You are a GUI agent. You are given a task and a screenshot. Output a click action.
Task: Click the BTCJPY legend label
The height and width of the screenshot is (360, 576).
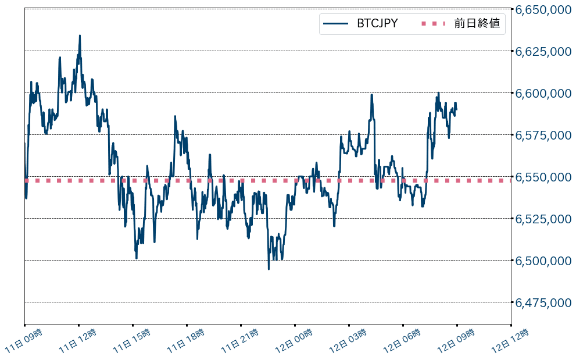tap(377, 24)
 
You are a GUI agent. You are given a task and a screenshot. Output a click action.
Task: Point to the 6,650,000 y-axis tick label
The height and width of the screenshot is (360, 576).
tap(543, 9)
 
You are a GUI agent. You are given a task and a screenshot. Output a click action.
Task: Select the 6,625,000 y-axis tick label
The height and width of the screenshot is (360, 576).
tap(543, 51)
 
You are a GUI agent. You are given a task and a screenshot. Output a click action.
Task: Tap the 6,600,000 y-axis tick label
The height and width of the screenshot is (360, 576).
tap(543, 93)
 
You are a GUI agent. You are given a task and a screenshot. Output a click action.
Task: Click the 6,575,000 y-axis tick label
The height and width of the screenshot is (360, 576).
tap(543, 135)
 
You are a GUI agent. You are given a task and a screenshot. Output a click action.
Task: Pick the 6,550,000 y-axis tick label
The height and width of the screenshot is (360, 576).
tap(543, 177)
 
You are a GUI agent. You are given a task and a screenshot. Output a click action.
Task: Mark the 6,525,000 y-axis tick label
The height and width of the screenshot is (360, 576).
tap(543, 219)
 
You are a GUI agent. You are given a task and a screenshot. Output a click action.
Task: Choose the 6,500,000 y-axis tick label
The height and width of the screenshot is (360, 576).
tap(543, 261)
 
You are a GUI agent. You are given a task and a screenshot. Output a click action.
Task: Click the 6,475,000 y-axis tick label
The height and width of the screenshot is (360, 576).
tap(543, 302)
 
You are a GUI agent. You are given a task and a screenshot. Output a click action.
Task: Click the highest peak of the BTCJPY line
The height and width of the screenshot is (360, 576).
tap(80, 35)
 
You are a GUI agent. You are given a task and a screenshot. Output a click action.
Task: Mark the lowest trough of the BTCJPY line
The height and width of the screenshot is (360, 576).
tap(269, 269)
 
